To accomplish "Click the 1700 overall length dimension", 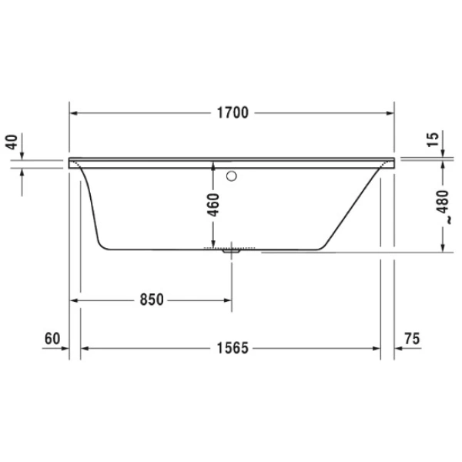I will click(x=231, y=113).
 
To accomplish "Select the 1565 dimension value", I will click(x=231, y=348).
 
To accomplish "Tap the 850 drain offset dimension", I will click(x=151, y=300).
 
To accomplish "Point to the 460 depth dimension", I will click(x=214, y=204).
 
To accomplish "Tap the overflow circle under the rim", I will click(x=231, y=175).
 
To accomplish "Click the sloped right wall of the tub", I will click(x=354, y=208).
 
